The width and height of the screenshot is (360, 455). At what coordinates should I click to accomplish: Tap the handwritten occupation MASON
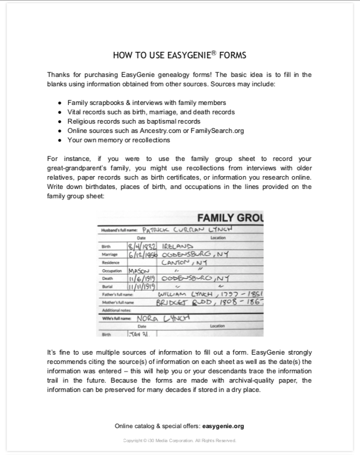click(139, 271)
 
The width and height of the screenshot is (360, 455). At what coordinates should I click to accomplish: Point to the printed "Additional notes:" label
click(117, 310)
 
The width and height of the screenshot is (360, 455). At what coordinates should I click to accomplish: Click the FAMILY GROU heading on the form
click(230, 219)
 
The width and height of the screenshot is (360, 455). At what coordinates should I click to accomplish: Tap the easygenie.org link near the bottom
click(223, 426)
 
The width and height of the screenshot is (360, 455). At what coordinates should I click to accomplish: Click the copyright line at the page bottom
click(179, 440)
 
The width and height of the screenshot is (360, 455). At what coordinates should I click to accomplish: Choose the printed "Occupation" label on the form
click(113, 271)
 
